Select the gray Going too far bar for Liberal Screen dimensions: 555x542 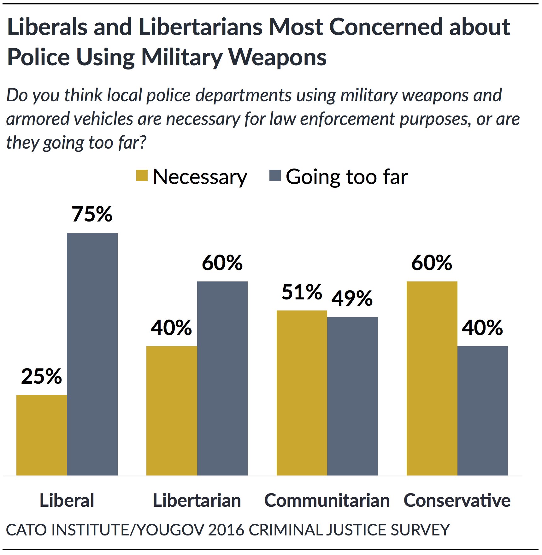[x=92, y=354]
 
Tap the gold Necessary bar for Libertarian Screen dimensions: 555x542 [x=172, y=410]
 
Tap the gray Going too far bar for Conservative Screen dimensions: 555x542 [x=483, y=410]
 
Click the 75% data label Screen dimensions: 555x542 [x=92, y=214]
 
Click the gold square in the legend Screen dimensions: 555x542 [x=142, y=176]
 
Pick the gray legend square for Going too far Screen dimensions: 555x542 [x=275, y=176]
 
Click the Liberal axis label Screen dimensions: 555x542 [x=67, y=500]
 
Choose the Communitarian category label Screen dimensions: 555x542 [x=327, y=500]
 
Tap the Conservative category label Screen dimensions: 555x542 [x=457, y=500]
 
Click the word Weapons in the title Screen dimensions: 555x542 [x=277, y=57]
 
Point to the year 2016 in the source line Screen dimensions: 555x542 [x=226, y=530]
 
